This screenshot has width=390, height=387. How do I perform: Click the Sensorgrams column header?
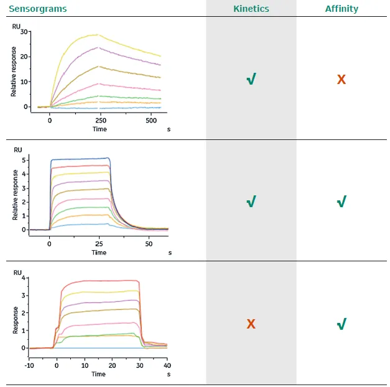pyautogui.click(x=37, y=9)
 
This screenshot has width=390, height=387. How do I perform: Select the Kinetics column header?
pyautogui.click(x=251, y=9)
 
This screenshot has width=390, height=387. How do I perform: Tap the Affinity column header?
pyautogui.click(x=341, y=9)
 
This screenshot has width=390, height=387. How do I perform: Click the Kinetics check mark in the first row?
pyautogui.click(x=251, y=80)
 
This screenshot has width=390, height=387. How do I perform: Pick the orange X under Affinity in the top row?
pyautogui.click(x=341, y=80)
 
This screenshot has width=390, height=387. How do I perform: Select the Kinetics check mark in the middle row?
pyautogui.click(x=251, y=202)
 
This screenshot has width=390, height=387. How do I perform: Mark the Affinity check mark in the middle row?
pyautogui.click(x=341, y=202)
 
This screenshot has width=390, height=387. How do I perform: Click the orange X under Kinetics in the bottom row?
pyautogui.click(x=251, y=324)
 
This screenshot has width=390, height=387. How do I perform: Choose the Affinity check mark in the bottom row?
pyautogui.click(x=341, y=324)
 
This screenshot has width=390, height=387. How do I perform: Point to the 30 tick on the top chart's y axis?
pyautogui.click(x=24, y=31)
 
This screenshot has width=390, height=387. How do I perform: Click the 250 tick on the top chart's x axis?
pyautogui.click(x=100, y=121)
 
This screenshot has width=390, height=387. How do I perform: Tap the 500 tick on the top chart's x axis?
pyautogui.click(x=151, y=121)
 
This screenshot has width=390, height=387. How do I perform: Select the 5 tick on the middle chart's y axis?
pyautogui.click(x=24, y=160)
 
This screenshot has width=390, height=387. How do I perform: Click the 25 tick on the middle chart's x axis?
pyautogui.click(x=99, y=244)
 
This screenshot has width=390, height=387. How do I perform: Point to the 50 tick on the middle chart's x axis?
pyautogui.click(x=149, y=244)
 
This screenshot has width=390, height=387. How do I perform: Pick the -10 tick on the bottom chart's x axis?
pyautogui.click(x=29, y=365)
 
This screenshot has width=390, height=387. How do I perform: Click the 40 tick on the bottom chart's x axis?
pyautogui.click(x=167, y=365)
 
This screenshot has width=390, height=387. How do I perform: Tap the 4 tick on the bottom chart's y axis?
pyautogui.click(x=24, y=278)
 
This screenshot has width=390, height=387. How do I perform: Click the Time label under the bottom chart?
pyautogui.click(x=98, y=374)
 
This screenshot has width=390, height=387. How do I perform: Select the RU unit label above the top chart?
pyautogui.click(x=17, y=27)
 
